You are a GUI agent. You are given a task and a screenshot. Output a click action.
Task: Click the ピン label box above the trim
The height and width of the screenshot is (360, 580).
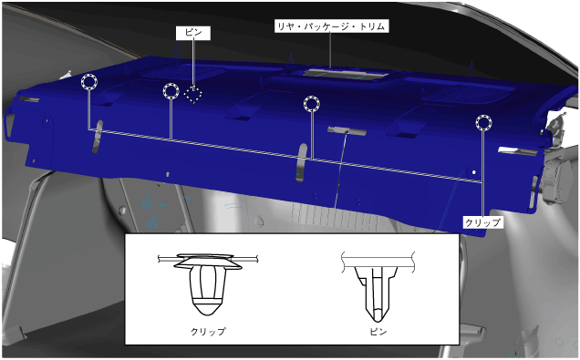(193, 33)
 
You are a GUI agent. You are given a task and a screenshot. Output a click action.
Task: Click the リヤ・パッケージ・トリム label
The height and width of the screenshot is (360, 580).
(331, 26)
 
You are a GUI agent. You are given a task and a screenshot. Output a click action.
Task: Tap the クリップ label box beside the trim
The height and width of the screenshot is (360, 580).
(482, 222)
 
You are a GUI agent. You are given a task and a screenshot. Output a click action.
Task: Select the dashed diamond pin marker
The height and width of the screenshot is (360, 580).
(193, 94)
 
